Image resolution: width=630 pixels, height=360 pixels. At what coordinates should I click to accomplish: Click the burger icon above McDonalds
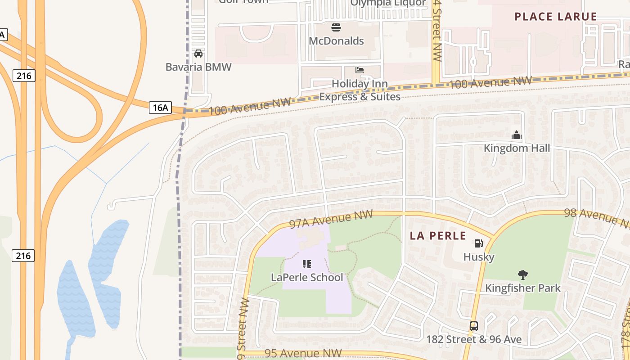coord(336,27)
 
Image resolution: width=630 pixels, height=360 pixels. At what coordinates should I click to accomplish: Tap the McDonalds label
coord(336,41)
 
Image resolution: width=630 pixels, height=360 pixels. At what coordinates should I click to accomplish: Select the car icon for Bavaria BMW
coord(198,54)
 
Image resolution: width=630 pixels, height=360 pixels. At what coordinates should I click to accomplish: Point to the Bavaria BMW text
coord(198,67)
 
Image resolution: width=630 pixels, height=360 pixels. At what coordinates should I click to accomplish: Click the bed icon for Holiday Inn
coord(360,70)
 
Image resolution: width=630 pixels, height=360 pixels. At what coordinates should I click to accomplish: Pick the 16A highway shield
coord(161,108)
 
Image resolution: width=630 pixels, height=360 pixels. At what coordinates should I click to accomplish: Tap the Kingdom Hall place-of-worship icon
coord(516,135)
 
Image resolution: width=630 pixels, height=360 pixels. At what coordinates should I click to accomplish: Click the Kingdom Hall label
coord(517,148)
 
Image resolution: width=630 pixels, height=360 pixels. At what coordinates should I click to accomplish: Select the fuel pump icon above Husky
coord(479,243)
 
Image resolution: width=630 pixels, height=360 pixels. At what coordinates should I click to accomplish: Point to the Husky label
coord(479,257)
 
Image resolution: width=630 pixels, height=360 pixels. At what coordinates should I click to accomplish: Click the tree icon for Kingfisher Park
coord(522,274)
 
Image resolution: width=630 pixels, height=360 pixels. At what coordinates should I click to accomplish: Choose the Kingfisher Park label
coord(523,288)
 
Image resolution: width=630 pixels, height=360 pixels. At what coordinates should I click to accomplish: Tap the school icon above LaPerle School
coord(307,264)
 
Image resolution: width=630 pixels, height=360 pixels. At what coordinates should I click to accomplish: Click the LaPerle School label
coord(307,277)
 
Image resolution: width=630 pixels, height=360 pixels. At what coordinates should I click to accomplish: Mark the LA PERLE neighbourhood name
coord(438,236)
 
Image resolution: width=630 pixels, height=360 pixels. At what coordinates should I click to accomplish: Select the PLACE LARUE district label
coord(556,17)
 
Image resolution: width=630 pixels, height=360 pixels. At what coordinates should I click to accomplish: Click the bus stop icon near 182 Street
coord(473,326)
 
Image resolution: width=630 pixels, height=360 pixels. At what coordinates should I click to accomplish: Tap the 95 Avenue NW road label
coord(303,353)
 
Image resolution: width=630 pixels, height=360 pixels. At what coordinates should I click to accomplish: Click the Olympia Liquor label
coord(388,3)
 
